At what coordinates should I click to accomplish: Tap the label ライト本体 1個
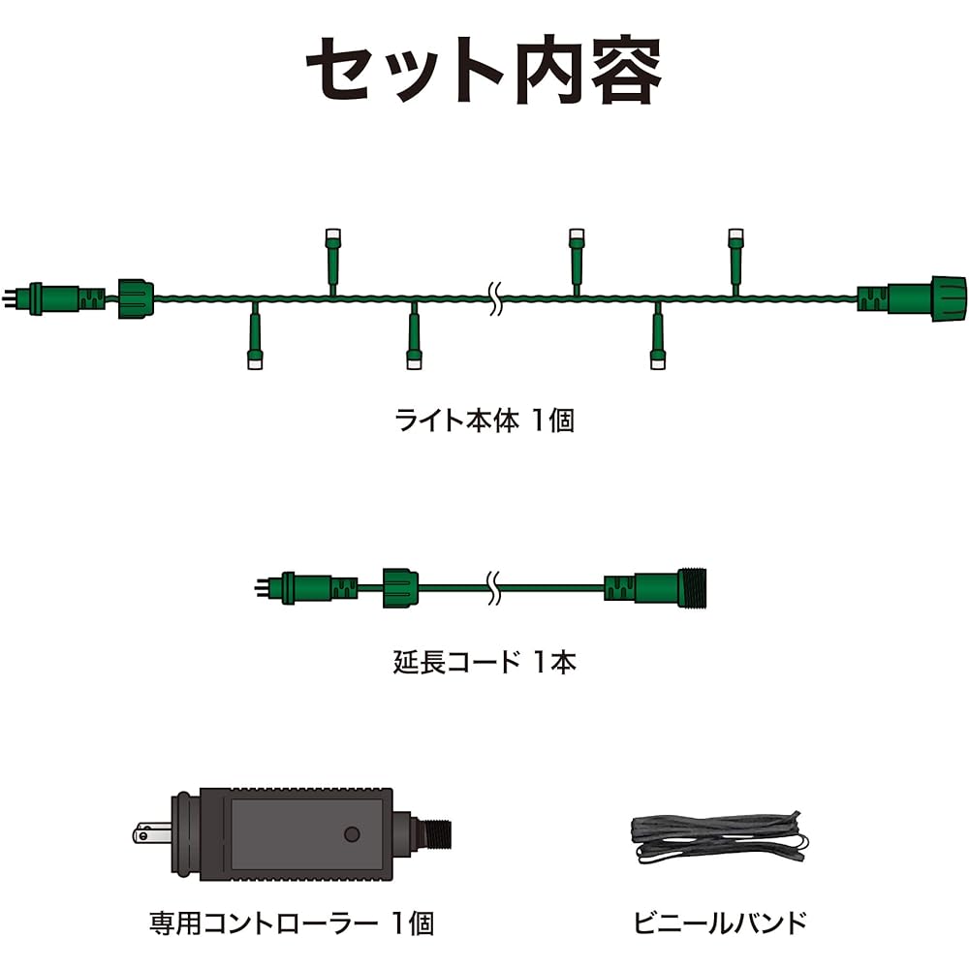(484, 421)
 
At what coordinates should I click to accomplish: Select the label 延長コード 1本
(484, 662)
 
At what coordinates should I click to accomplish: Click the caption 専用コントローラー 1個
(292, 923)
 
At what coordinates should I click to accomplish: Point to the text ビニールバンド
(721, 922)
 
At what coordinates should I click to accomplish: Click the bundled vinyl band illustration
(720, 837)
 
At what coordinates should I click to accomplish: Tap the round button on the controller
(353, 834)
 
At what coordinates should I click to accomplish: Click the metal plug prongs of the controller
(152, 834)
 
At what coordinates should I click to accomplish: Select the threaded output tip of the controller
(436, 834)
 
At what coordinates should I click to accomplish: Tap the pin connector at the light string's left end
(53, 298)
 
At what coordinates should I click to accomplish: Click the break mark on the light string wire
(494, 298)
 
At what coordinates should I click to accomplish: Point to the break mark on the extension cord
(492, 588)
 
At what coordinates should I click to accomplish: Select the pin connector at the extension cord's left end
(306, 588)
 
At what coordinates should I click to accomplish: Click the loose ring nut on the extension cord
(400, 588)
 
